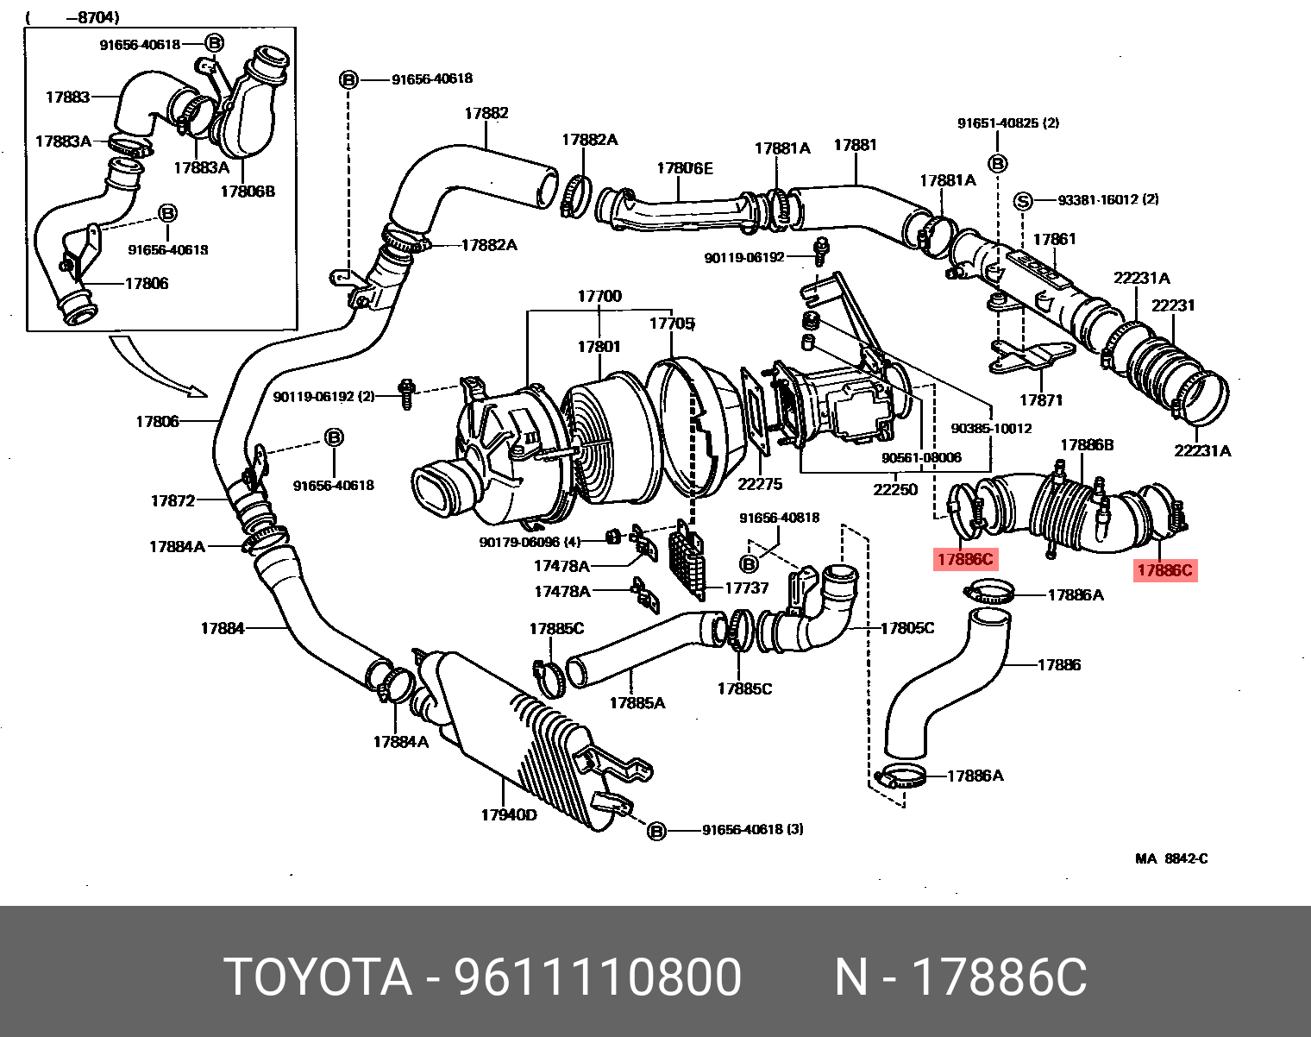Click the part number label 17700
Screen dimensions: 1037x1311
(x=599, y=296)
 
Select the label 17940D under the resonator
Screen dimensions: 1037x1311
(x=508, y=815)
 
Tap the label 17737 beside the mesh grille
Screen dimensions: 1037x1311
(x=746, y=588)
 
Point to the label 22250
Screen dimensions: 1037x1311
(x=894, y=489)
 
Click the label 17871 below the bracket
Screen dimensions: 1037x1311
(x=1041, y=400)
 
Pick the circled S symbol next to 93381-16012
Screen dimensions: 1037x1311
(x=1022, y=201)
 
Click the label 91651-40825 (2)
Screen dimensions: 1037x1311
(x=1007, y=123)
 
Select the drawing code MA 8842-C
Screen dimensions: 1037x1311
(x=1170, y=858)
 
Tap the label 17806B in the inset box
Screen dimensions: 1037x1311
(x=248, y=192)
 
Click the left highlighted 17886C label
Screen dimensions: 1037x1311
(x=965, y=559)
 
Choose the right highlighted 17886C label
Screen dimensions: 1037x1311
(x=1164, y=569)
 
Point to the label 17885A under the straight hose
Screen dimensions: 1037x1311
(x=637, y=703)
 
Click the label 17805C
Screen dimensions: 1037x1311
(x=906, y=628)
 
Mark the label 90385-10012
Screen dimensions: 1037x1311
(x=991, y=428)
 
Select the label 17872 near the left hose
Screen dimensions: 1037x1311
(x=172, y=500)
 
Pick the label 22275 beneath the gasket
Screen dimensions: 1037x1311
(x=759, y=484)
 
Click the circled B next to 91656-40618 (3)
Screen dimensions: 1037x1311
(x=656, y=831)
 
